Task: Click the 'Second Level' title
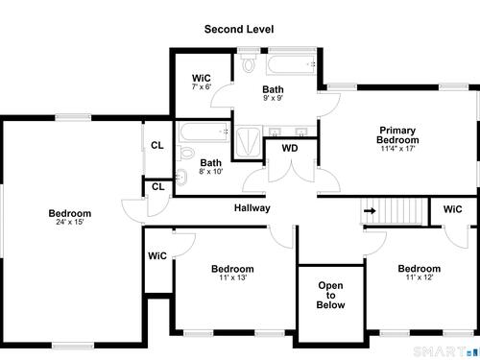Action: pyautogui.click(x=239, y=30)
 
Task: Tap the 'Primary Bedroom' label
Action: pyautogui.click(x=397, y=135)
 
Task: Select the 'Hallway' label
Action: pyautogui.click(x=252, y=208)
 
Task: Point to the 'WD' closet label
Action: pyautogui.click(x=290, y=148)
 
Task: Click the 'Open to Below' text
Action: pyautogui.click(x=330, y=295)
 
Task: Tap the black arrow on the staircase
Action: pyautogui.click(x=370, y=211)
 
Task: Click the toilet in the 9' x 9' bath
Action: pyautogui.click(x=249, y=63)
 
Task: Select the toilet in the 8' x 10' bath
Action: pyautogui.click(x=185, y=153)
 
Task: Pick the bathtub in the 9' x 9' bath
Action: pyautogui.click(x=291, y=64)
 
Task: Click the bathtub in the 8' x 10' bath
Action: pyautogui.click(x=204, y=132)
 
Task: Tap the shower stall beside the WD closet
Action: pyautogui.click(x=249, y=142)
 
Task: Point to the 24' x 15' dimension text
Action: pyautogui.click(x=70, y=222)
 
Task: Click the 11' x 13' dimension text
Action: pyautogui.click(x=232, y=277)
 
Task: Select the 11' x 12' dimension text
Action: pyautogui.click(x=420, y=277)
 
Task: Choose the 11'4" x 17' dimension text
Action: pyautogui.click(x=397, y=149)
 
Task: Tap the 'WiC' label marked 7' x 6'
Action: pyautogui.click(x=202, y=79)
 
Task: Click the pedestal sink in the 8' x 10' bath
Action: pyautogui.click(x=181, y=177)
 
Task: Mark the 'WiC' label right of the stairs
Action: pyautogui.click(x=453, y=209)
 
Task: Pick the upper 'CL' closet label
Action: pyautogui.click(x=157, y=146)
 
